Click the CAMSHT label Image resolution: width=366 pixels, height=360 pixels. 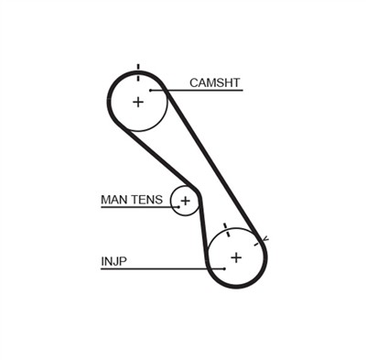click(214, 82)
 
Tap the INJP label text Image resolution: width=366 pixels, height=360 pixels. click(113, 261)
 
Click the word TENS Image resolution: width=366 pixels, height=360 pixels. click(149, 199)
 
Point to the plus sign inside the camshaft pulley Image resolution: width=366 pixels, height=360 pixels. click(138, 101)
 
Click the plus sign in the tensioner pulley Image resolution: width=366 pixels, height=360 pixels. click(186, 200)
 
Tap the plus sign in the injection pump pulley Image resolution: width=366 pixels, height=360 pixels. click(236, 257)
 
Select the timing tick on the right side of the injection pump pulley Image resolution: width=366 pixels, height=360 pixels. click(265, 240)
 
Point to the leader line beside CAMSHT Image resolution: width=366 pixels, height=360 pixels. click(201, 90)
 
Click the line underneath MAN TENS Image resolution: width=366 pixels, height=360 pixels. click(133, 207)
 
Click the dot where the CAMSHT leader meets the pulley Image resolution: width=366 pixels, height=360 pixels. click(152, 90)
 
